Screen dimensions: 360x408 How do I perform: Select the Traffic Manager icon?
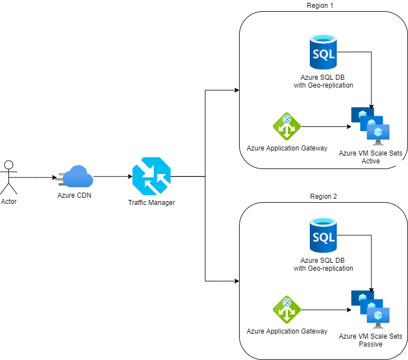[x=151, y=176]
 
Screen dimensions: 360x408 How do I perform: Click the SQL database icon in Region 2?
[x=323, y=236]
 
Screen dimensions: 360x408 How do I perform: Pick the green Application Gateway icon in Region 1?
[x=287, y=126]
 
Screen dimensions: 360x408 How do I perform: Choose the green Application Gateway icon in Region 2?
[x=287, y=309]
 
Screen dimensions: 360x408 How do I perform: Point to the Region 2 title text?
[x=323, y=197]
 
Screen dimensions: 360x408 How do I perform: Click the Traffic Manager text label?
[x=152, y=202]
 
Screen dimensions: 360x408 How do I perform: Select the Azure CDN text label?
[x=75, y=195]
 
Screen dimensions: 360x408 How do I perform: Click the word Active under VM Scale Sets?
[x=370, y=161]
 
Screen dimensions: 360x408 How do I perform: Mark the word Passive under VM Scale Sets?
[x=370, y=344]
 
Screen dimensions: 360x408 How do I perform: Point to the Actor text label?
[x=9, y=201]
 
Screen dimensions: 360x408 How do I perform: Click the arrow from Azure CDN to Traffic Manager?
[x=112, y=176]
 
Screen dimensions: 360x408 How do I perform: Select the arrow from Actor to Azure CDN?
[x=36, y=177]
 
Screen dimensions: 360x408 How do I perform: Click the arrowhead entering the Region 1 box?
[x=236, y=90]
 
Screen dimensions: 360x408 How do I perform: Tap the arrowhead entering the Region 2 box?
[x=236, y=280]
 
